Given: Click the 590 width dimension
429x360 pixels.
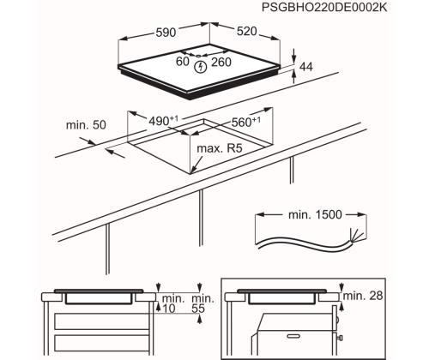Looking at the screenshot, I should tap(166, 32).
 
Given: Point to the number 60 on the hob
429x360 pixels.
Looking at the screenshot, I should tap(183, 61).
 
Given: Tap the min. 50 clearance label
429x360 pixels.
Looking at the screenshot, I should tap(87, 125).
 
